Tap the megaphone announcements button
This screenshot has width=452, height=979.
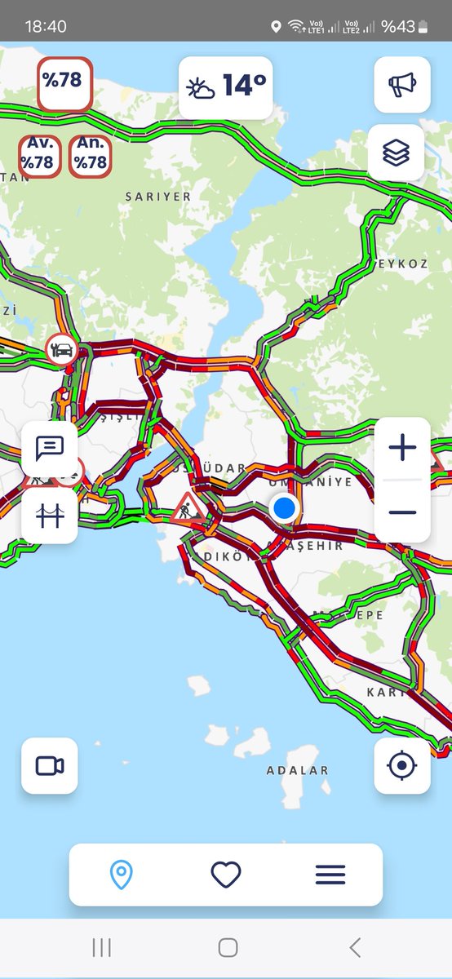(402, 85)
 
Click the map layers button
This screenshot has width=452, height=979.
(397, 153)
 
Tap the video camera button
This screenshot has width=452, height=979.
(50, 766)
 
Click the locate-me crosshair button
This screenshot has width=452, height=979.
(402, 766)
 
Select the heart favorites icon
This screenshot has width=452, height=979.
(226, 875)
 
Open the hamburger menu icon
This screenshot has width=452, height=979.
(330, 875)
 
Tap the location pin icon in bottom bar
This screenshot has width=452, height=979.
(121, 875)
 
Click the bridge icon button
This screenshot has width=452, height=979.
(50, 516)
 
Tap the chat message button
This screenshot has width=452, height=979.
(50, 448)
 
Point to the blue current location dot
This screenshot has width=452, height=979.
(284, 508)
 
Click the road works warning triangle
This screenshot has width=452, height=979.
(188, 509)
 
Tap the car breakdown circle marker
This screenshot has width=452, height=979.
(61, 349)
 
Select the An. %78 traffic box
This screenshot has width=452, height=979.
(91, 154)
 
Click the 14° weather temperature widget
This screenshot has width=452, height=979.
(226, 86)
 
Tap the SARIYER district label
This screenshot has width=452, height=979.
(158, 197)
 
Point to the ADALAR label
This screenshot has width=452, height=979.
(298, 770)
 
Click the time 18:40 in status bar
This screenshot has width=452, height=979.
(46, 26)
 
